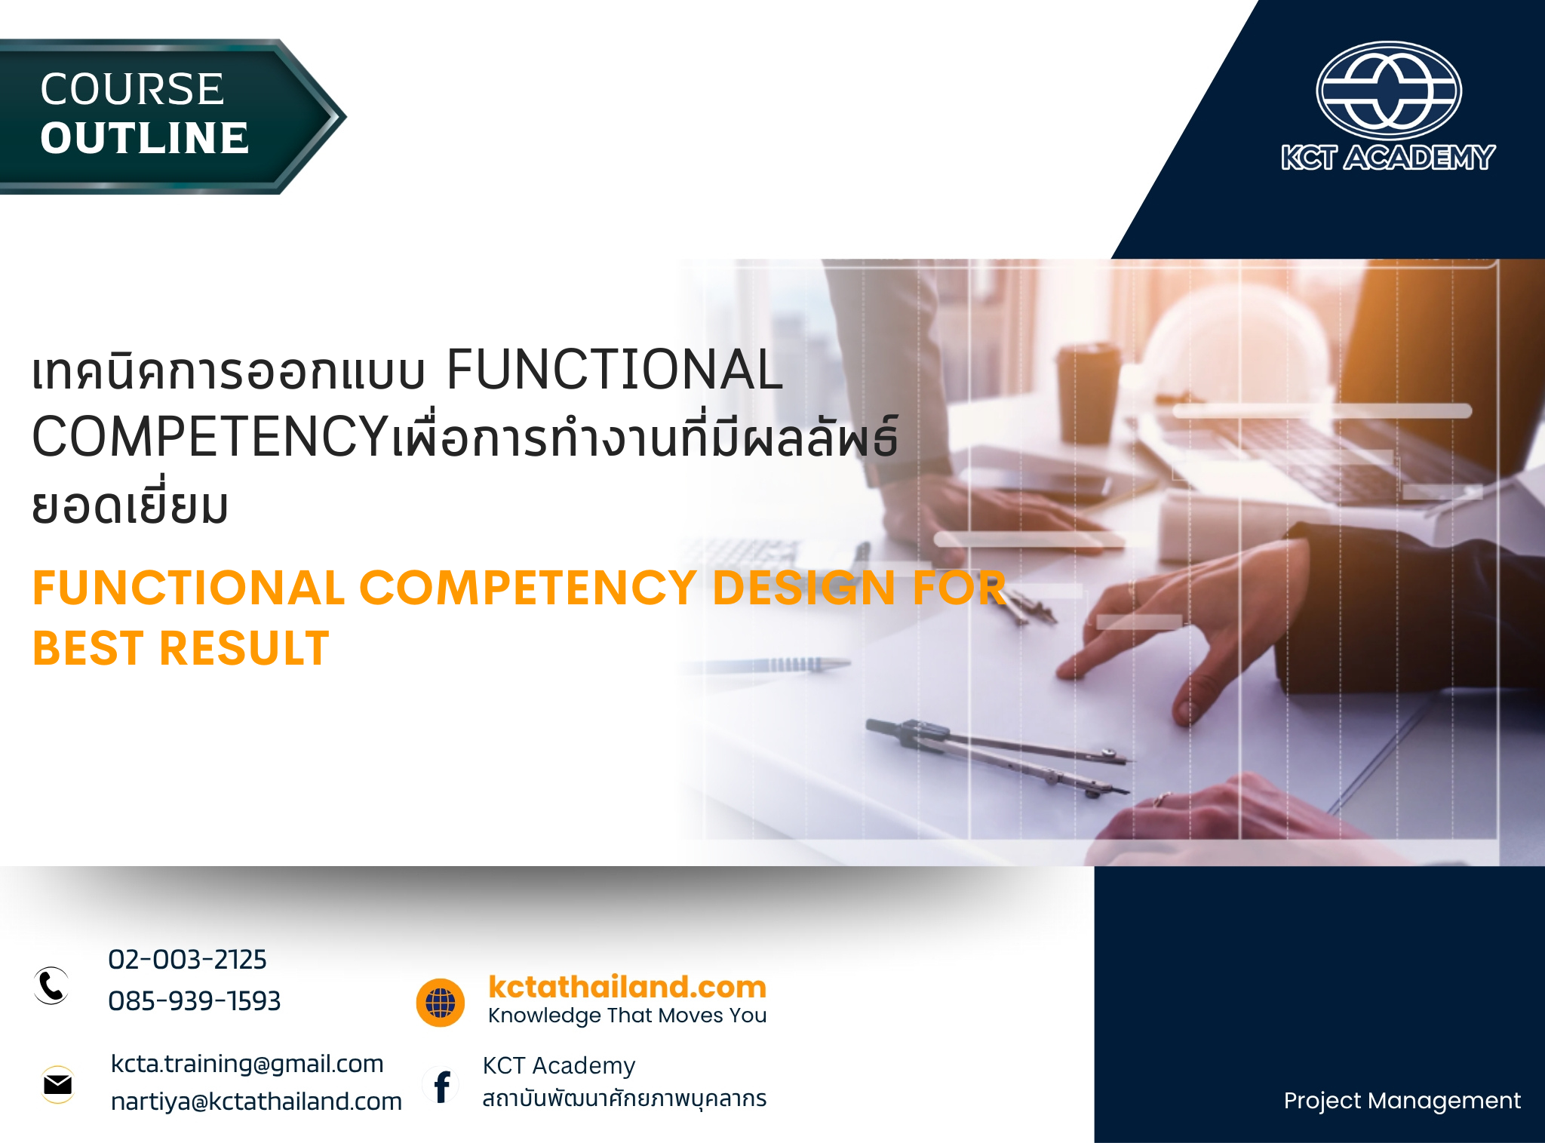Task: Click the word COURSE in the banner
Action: tap(132, 89)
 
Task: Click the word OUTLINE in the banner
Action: tap(144, 138)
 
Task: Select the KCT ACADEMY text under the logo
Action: tap(1388, 158)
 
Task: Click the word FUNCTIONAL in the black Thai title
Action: tap(614, 370)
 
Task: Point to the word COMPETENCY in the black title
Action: tap(210, 437)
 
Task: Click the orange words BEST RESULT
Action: tap(181, 648)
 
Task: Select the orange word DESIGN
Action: tap(804, 588)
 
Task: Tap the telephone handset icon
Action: tap(52, 985)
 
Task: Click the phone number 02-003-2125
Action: tap(187, 960)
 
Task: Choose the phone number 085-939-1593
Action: tap(194, 1001)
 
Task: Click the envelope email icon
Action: tap(58, 1085)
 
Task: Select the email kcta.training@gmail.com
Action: tap(247, 1064)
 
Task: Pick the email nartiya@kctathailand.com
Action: tap(256, 1102)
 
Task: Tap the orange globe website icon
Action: tap(441, 1003)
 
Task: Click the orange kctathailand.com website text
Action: tap(627, 987)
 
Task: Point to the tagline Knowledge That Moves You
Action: tap(627, 1015)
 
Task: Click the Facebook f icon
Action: tap(442, 1086)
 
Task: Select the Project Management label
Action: tap(1402, 1101)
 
